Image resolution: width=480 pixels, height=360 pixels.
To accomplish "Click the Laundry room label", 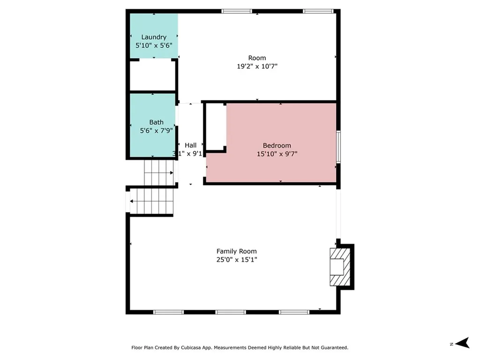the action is pos(154,37).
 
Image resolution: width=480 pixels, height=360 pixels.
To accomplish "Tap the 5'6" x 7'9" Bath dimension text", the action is pos(156,131).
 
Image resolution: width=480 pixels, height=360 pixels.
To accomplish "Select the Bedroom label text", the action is pos(277,145).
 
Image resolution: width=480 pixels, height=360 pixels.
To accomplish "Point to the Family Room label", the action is pos(236,251).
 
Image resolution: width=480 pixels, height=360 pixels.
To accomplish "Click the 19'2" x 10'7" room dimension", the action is pos(257,66).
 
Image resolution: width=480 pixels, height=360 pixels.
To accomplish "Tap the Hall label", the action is pos(190,145).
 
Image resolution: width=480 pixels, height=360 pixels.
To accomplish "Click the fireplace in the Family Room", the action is pos(340,267).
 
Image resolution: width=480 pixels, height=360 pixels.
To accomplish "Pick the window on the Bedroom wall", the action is pos(338,147).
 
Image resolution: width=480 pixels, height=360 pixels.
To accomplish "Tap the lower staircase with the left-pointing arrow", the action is pos(151,201).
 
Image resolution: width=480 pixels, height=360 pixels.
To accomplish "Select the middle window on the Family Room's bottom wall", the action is pos(231,312).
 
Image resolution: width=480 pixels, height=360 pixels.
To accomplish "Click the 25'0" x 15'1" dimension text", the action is pos(236,260).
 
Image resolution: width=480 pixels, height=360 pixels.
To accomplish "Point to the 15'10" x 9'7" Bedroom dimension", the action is pos(277,154).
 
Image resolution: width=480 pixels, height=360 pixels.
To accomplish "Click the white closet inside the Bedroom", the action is pos(216,127).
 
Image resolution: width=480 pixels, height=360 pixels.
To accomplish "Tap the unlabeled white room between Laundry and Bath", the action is pos(152,75).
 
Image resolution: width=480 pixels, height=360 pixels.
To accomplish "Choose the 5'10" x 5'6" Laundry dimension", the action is pos(154,45).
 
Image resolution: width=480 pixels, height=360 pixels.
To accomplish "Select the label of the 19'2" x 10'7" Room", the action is pos(257,58).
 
